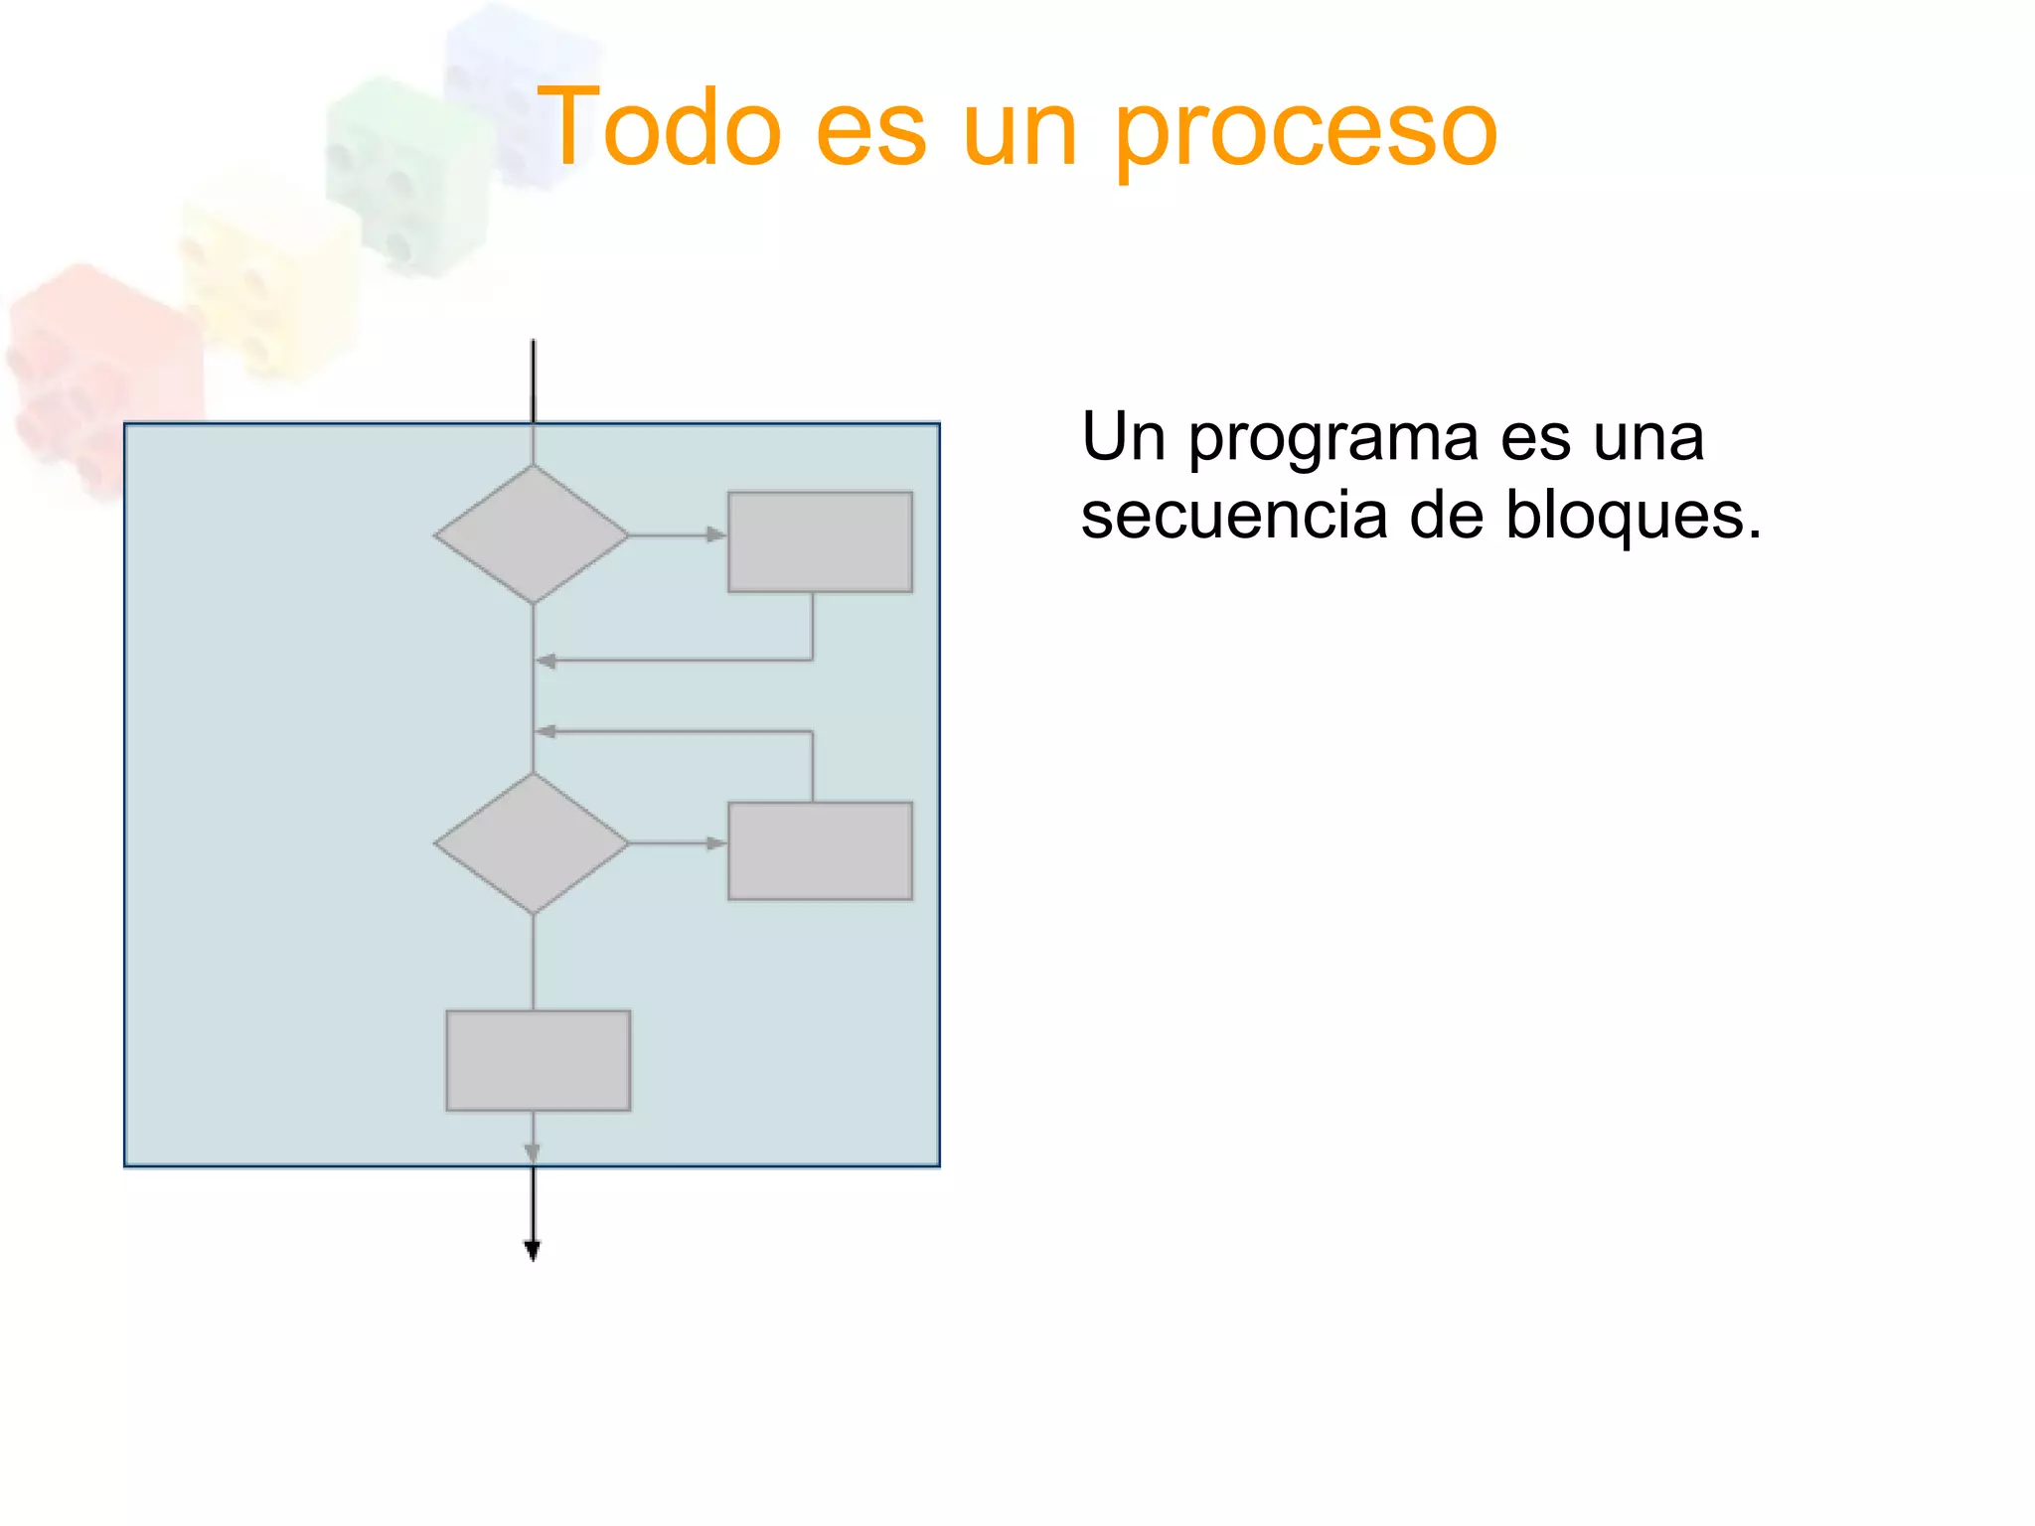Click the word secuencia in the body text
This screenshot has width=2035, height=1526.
pyautogui.click(x=1233, y=516)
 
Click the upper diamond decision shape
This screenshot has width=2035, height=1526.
pyautogui.click(x=533, y=534)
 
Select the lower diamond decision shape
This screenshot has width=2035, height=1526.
pyautogui.click(x=533, y=842)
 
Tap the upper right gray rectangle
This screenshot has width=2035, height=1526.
pyautogui.click(x=820, y=541)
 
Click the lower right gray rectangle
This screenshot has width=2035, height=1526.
pyautogui.click(x=820, y=850)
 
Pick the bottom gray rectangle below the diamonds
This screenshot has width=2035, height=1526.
pyautogui.click(x=538, y=1060)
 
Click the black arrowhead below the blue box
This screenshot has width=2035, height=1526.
pyautogui.click(x=533, y=1250)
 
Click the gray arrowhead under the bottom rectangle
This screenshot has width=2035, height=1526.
pyautogui.click(x=533, y=1152)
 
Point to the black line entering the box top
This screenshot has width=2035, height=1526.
pyautogui.click(x=533, y=382)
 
